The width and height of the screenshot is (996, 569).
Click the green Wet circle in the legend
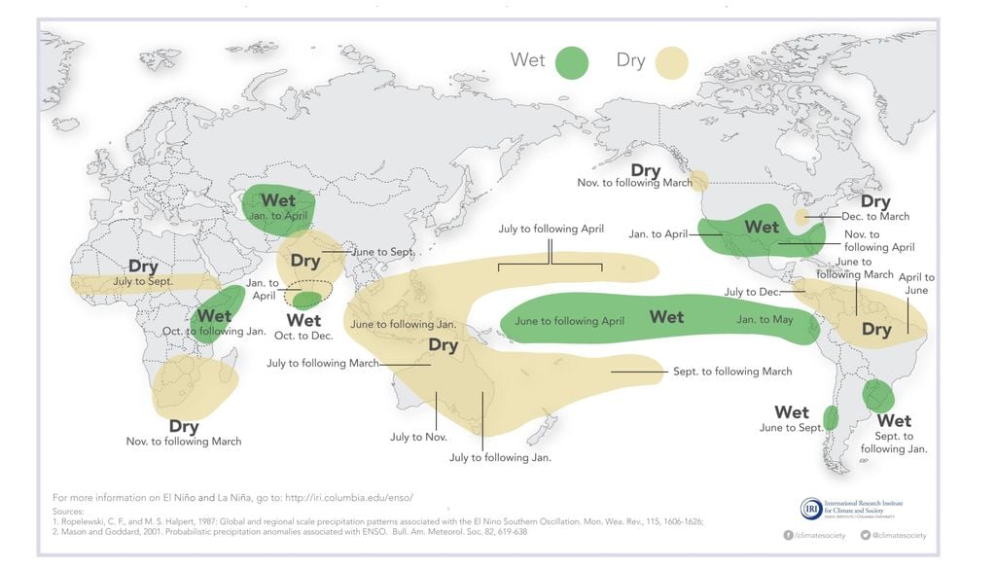[572, 62]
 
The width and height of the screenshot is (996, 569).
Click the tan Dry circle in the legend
[671, 62]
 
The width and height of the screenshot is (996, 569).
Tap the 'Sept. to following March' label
[732, 372]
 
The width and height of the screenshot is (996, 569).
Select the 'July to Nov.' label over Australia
[418, 437]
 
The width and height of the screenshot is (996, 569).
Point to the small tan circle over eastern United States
[801, 217]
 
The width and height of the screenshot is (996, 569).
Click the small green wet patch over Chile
[831, 418]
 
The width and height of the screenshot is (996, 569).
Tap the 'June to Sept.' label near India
[383, 251]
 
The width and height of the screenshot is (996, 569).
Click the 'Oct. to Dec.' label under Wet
[303, 336]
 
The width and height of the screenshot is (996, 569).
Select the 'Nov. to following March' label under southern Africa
[184, 442]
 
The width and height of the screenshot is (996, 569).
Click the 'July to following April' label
[551, 230]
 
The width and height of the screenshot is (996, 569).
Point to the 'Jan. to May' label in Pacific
[765, 320]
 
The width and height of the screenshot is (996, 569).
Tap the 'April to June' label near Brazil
[915, 284]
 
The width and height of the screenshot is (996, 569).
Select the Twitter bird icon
[864, 535]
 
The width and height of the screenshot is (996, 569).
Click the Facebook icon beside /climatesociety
[788, 535]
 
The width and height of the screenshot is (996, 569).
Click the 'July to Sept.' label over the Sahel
[143, 281]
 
